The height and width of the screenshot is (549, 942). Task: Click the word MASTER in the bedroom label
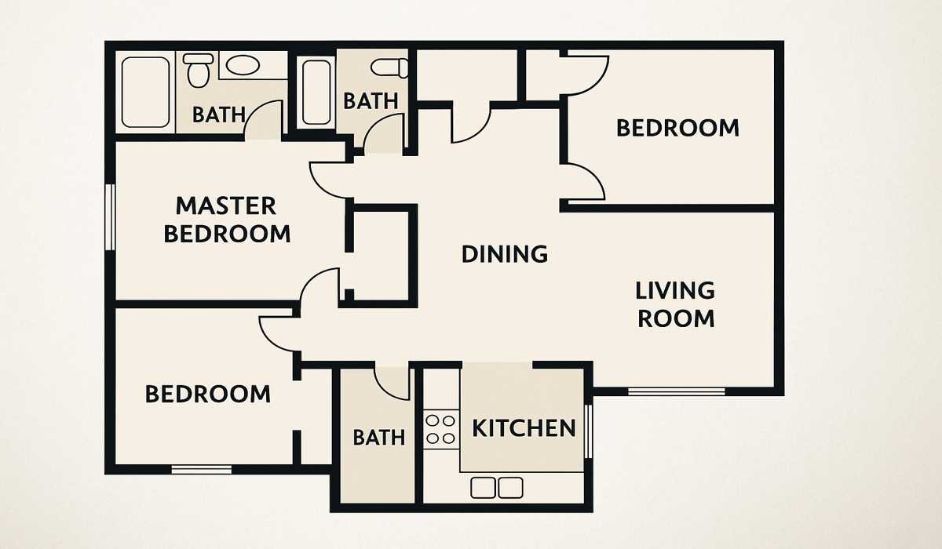[x=225, y=206]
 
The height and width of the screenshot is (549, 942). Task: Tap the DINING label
[x=504, y=254]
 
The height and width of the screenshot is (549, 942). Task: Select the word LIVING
[x=675, y=291]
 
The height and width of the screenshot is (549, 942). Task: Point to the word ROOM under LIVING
[x=675, y=318]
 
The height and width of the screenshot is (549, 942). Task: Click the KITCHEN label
[x=524, y=428]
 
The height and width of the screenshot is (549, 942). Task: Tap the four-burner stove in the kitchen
[x=440, y=430]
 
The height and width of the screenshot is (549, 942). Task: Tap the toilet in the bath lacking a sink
[x=390, y=67]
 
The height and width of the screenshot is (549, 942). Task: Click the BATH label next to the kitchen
[x=378, y=437]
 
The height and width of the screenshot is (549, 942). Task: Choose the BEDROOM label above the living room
[x=677, y=127]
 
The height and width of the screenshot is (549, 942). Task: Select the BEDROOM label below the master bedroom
[x=208, y=394]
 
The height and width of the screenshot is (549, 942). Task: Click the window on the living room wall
[x=676, y=391]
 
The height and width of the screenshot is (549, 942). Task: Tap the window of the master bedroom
[x=111, y=217]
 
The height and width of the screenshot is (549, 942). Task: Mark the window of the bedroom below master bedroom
[x=202, y=470]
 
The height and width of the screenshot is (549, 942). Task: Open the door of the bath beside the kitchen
[x=392, y=383]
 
